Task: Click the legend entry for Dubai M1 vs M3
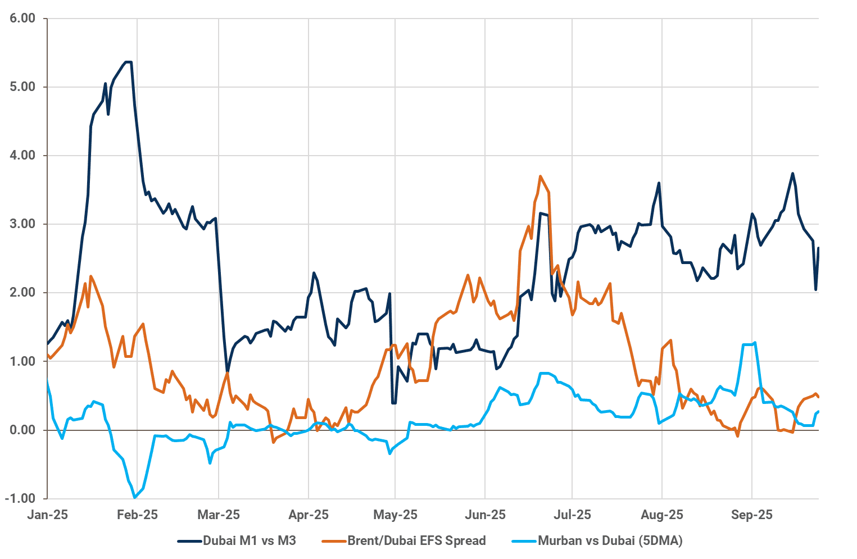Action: (x=249, y=541)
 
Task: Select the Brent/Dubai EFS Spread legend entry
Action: (x=416, y=541)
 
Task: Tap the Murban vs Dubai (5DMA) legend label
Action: (x=610, y=541)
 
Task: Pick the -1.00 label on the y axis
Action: (x=21, y=499)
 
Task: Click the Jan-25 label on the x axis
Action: (x=48, y=515)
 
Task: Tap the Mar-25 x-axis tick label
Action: (x=219, y=515)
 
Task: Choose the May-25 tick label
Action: (x=395, y=515)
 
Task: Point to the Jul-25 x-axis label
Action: (x=572, y=515)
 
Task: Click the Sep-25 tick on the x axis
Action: (x=752, y=515)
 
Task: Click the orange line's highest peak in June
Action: (x=540, y=176)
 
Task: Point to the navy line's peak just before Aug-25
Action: (x=659, y=183)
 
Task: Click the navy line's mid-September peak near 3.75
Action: (x=792, y=173)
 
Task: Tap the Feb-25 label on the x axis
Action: (x=137, y=515)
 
